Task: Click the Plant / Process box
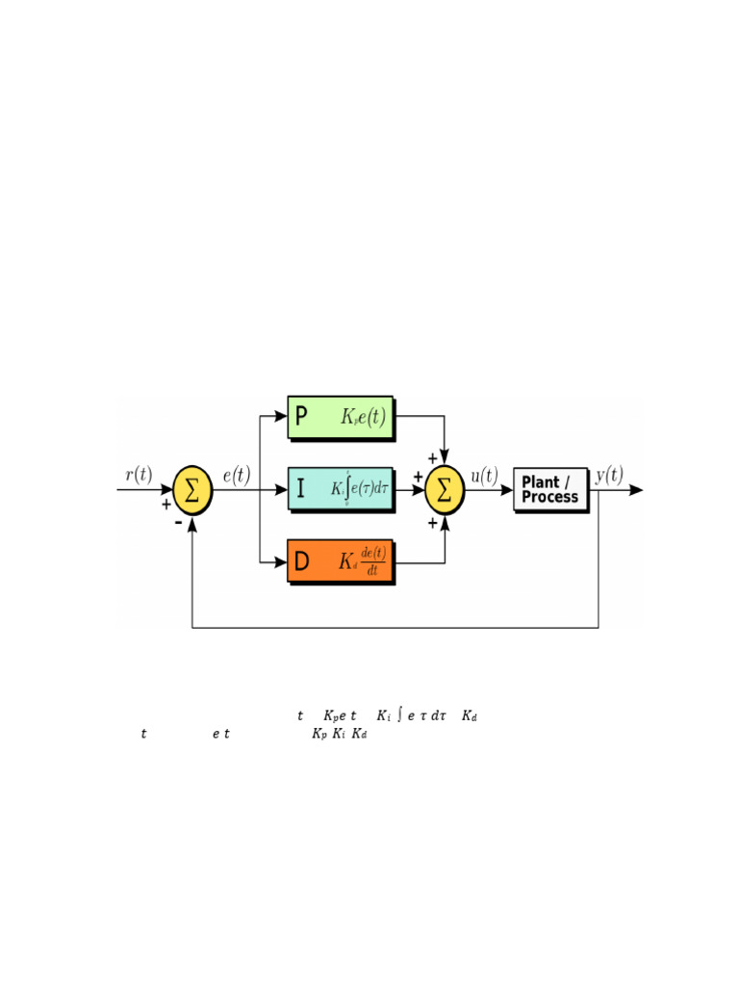[550, 489]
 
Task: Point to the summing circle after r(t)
[192, 489]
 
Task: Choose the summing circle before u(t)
[445, 489]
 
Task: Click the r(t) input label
[139, 474]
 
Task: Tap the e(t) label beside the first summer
[237, 474]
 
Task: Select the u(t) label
[484, 474]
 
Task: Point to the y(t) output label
[609, 474]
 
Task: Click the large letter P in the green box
[301, 417]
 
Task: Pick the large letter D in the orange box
[301, 562]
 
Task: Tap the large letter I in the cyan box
[301, 489]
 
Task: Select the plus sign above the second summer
[432, 458]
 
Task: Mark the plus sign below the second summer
[432, 522]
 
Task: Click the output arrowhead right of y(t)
[635, 489]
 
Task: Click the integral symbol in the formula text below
[398, 714]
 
